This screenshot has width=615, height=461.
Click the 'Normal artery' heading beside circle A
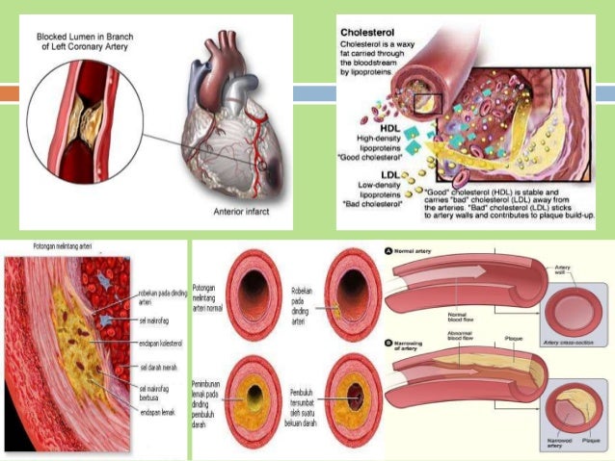419,251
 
